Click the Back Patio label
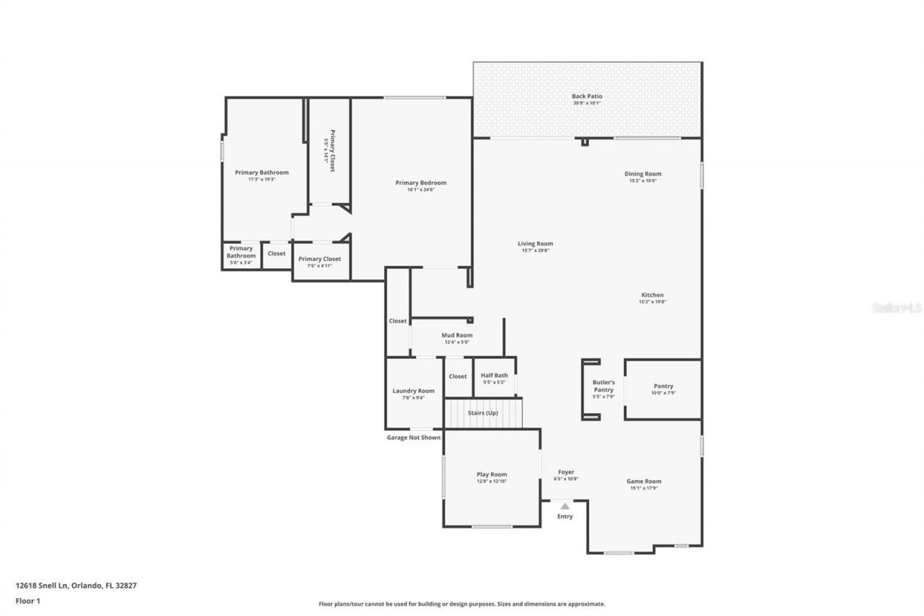point(586,96)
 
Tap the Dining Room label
point(642,174)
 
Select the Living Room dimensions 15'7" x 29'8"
point(535,251)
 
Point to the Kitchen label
point(652,295)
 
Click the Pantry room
point(663,389)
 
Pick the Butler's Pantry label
point(603,386)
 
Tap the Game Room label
point(643,482)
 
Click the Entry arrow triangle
point(565,506)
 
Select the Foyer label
point(565,472)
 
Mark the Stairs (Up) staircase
point(482,414)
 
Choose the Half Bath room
point(494,378)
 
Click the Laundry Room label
point(414,391)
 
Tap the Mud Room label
point(457,335)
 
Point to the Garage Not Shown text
point(413,438)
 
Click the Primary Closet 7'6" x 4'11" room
point(320,261)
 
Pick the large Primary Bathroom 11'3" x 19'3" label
point(261,173)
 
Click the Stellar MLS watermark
point(897,308)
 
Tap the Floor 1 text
point(27,600)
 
